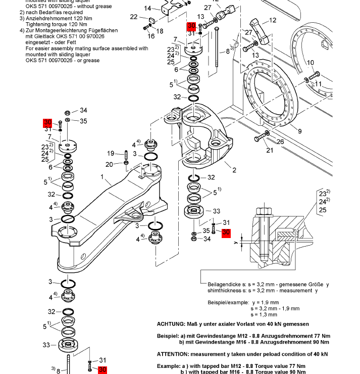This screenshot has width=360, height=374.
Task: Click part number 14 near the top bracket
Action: point(148,8)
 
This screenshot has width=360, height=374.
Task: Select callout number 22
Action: point(134,17)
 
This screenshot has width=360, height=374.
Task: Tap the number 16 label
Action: point(151,36)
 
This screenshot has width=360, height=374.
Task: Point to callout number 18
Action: point(160,31)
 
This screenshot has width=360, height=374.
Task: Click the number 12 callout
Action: point(273,21)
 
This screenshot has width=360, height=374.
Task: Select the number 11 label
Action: point(318,83)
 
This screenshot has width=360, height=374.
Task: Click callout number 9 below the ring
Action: point(299,131)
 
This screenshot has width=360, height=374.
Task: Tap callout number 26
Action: point(280,142)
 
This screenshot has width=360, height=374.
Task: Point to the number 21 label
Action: point(270,150)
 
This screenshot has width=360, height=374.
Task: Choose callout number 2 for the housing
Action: point(234,170)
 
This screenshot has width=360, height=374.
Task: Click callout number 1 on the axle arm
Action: point(102,177)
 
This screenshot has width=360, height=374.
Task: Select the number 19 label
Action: point(111,154)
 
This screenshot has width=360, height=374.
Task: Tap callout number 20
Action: point(110,164)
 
